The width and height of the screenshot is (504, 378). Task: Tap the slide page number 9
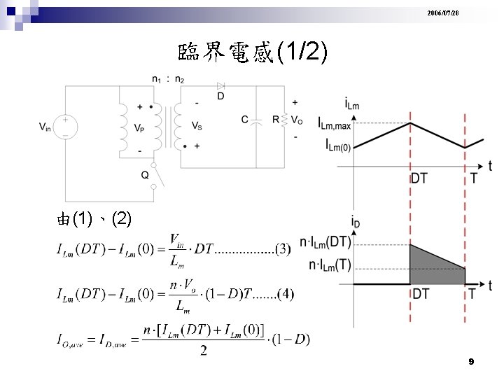pyautogui.click(x=470, y=362)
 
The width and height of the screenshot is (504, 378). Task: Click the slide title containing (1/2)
pyautogui.click(x=252, y=52)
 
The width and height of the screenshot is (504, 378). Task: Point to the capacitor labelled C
pyautogui.click(x=256, y=120)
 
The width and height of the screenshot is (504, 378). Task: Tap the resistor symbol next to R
pyautogui.click(x=284, y=120)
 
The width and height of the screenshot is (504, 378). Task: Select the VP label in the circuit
pyautogui.click(x=141, y=128)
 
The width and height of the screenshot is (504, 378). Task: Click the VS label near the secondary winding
pyautogui.click(x=197, y=127)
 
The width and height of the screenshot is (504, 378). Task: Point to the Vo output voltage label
pyautogui.click(x=297, y=120)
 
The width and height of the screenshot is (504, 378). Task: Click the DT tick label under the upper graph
pyautogui.click(x=419, y=178)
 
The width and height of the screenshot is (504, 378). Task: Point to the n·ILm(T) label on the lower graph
pyautogui.click(x=330, y=266)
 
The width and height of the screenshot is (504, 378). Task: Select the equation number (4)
pyautogui.click(x=286, y=295)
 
